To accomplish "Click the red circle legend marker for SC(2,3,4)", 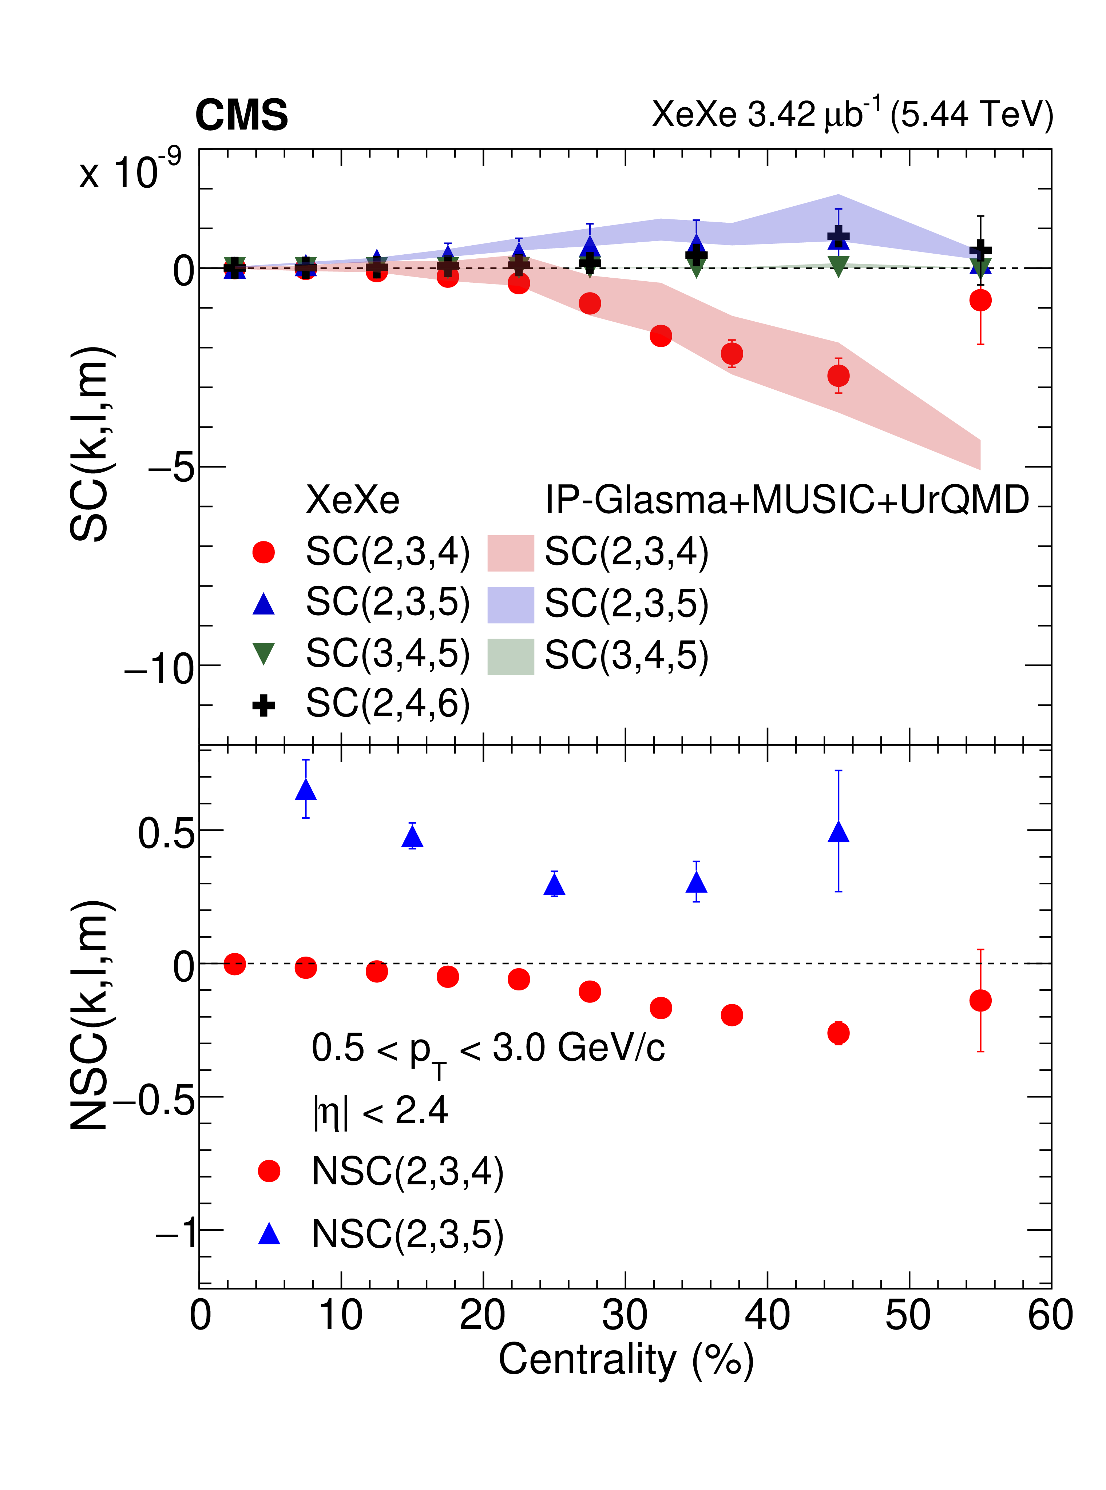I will (x=264, y=552).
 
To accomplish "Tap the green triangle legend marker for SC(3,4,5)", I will (x=264, y=653).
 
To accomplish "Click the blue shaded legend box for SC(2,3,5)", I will (x=510, y=604).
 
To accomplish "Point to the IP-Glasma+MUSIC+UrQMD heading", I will (x=787, y=500).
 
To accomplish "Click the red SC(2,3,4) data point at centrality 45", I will (x=838, y=376).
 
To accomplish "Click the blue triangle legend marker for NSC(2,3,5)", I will (x=269, y=1233).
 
